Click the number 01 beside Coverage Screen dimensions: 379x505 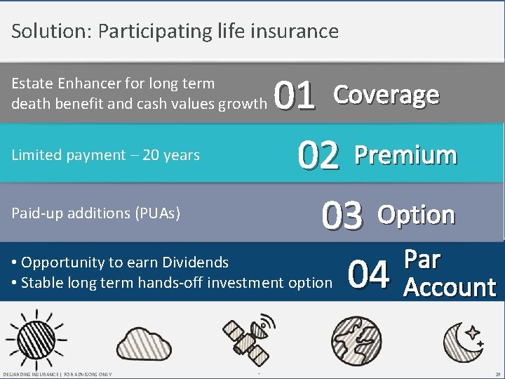(x=295, y=97)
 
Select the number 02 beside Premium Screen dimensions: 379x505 (x=318, y=156)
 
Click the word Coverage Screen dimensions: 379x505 (x=386, y=95)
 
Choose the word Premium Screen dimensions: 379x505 (x=405, y=155)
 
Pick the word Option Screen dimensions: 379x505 (x=417, y=215)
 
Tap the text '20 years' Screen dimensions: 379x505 (x=171, y=155)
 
